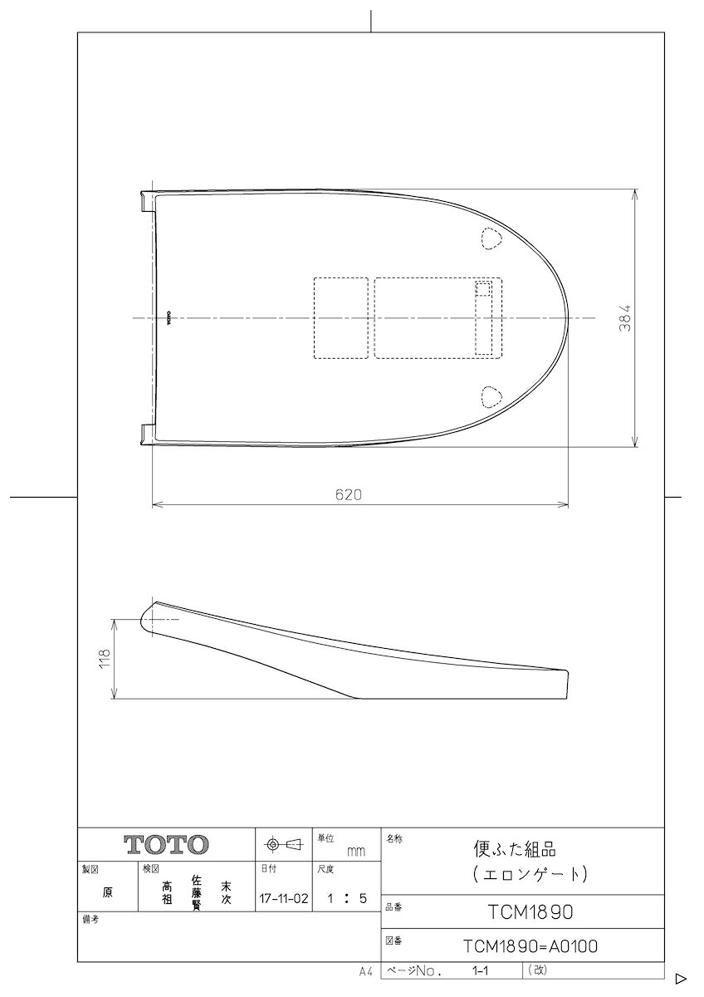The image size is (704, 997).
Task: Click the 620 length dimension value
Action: pos(348,494)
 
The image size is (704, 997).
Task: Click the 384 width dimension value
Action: pos(625,317)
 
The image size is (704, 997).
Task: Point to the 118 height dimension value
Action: pos(105,659)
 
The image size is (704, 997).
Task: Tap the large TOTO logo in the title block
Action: pos(166,844)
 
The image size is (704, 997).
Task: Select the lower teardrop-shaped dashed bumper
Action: pos(491,396)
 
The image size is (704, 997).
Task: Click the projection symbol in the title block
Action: pos(283,844)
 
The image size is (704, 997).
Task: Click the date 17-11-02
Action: pos(284,898)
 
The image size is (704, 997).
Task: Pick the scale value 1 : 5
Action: pos(347,898)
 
